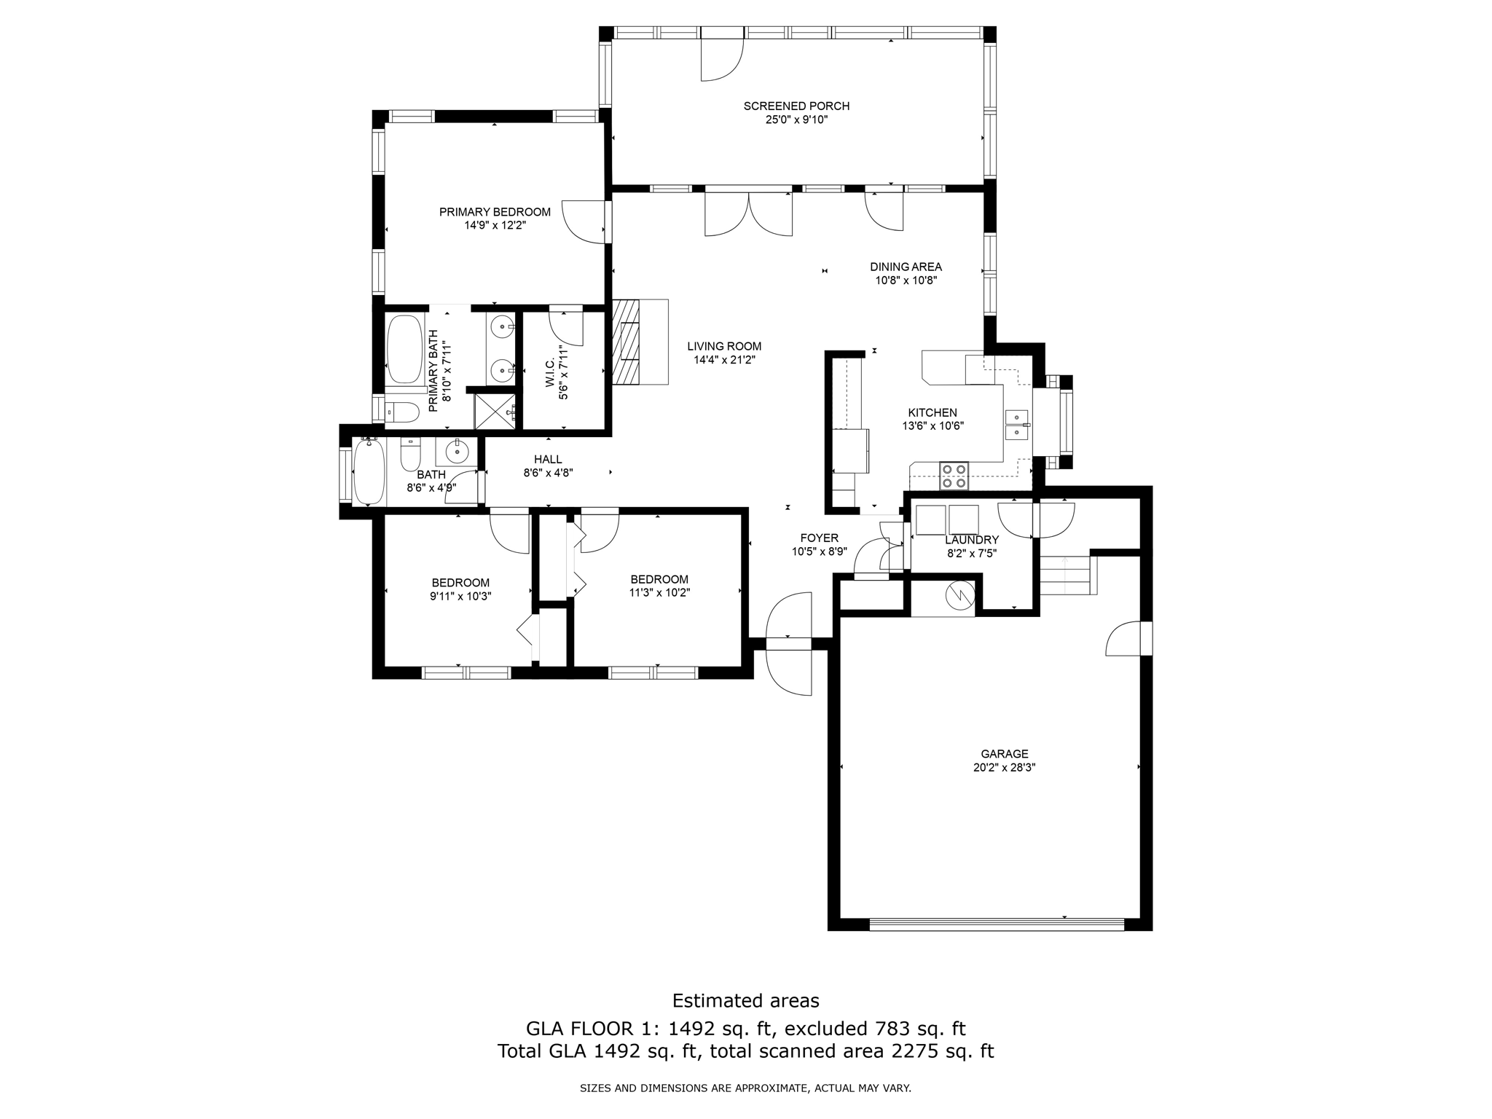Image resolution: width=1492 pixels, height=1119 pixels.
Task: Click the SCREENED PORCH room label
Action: coord(796,106)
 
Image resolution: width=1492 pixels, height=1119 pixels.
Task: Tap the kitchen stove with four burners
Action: coord(954,476)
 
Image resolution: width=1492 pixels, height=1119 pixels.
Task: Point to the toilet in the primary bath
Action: coord(401,412)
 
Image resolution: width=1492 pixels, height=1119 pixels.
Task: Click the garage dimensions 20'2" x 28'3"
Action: coord(1004,767)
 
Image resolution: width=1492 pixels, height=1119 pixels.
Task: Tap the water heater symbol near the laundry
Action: coord(959,595)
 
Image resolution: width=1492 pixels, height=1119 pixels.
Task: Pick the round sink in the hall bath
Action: coord(457,452)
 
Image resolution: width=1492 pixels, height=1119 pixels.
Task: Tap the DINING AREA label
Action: coord(906,267)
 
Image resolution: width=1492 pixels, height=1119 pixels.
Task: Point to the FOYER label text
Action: coord(819,538)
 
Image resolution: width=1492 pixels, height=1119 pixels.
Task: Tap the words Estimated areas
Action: coord(745,1000)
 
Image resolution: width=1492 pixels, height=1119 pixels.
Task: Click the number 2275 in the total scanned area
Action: coord(915,1051)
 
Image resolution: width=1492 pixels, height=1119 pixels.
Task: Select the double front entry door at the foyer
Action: coord(789,643)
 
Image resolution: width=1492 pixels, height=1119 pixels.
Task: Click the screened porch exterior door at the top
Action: coord(721,57)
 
